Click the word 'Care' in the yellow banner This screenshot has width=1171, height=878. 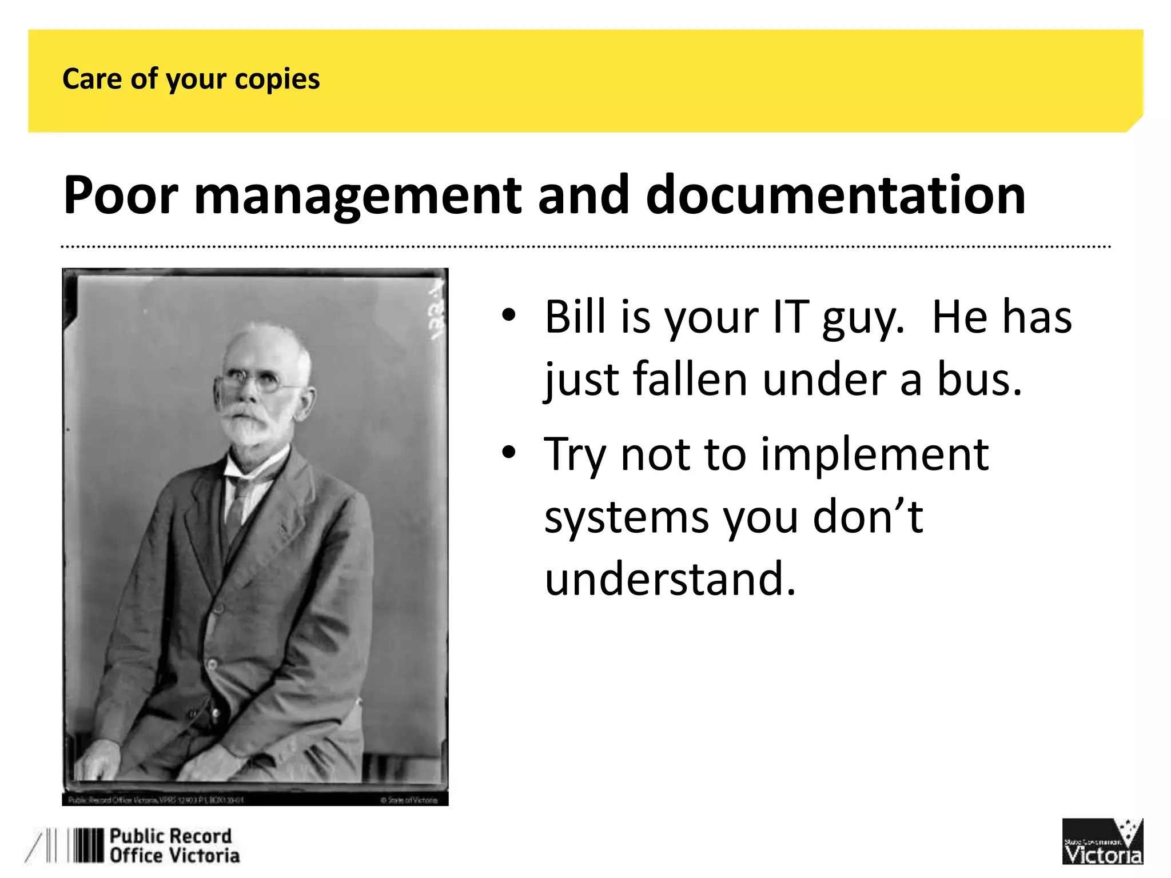tap(91, 79)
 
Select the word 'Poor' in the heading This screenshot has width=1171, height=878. tap(121, 195)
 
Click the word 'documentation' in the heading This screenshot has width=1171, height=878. tap(835, 195)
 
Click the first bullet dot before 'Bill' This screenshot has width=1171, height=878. tap(508, 315)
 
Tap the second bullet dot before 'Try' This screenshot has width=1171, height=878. tap(508, 453)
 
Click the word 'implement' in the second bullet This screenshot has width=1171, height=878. tap(874, 454)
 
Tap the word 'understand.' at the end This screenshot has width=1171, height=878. tap(670, 578)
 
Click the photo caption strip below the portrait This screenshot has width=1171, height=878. tap(254, 800)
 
